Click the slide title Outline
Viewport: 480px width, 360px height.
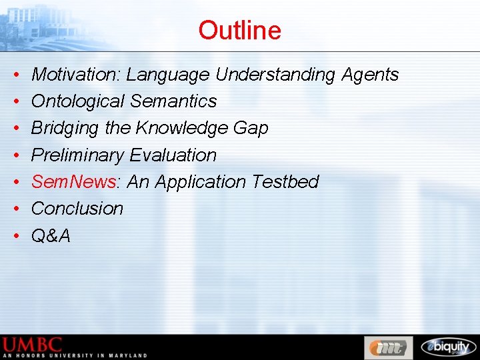pyautogui.click(x=239, y=30)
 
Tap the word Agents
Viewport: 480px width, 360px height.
pyautogui.click(x=370, y=75)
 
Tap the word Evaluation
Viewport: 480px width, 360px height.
pyautogui.click(x=173, y=155)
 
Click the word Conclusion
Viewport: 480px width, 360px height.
pyautogui.click(x=77, y=208)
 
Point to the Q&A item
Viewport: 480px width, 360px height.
pyautogui.click(x=51, y=235)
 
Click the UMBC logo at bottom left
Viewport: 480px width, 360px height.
pyautogui.click(x=33, y=345)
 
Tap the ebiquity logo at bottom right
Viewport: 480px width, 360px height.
pyautogui.click(x=448, y=347)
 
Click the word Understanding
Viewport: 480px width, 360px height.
pyautogui.click(x=275, y=75)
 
